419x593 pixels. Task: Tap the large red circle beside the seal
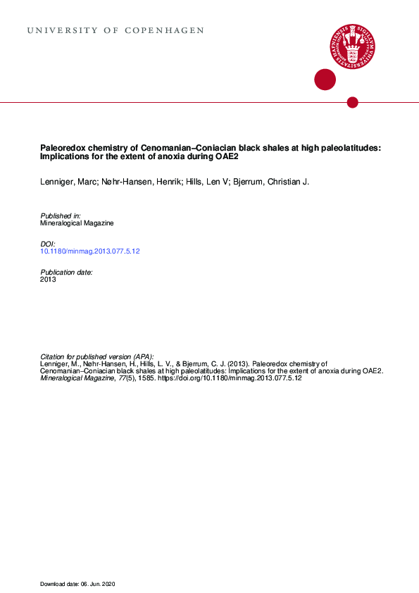pos(325,80)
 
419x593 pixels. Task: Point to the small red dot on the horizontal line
pos(353,102)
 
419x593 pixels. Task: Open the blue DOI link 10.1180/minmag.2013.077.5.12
pos(90,251)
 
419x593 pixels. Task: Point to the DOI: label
pos(49,243)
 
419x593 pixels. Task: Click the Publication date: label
pos(67,271)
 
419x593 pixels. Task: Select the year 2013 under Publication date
pos(49,279)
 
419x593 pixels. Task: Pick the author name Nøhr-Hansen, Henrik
pos(137,182)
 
